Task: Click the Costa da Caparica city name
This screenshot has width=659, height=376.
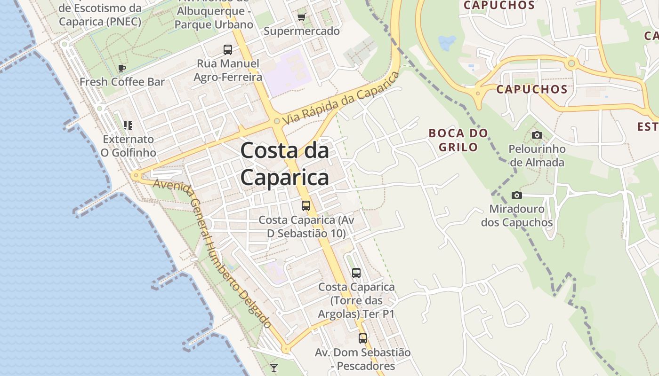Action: pos(284,164)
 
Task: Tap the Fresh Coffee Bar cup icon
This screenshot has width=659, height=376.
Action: pos(122,68)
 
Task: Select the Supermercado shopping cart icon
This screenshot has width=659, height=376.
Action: pos(301,17)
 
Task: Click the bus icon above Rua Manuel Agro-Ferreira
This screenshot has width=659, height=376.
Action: pos(228,49)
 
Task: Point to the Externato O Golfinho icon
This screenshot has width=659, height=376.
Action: pos(128,125)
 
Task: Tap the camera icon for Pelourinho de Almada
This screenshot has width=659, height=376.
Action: pos(537,135)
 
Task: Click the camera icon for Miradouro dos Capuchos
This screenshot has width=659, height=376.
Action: pos(517,195)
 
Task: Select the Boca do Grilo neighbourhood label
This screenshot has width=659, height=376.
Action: pos(458,140)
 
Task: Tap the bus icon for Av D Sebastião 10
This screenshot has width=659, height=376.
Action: pos(306,205)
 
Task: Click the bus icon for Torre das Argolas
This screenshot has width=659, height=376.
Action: pos(356,273)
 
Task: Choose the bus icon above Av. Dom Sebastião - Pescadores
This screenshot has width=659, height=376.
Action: pos(362,338)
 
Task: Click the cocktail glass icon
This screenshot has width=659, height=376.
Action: pos(273,368)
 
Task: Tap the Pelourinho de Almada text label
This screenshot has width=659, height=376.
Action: pos(537,156)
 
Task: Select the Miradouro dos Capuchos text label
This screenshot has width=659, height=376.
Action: pos(517,215)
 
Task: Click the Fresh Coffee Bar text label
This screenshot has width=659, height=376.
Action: pos(122,82)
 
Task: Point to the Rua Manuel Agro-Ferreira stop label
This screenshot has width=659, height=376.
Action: pos(228,70)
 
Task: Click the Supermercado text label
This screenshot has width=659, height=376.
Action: pos(301,31)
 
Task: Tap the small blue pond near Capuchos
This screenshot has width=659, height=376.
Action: pos(447,43)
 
